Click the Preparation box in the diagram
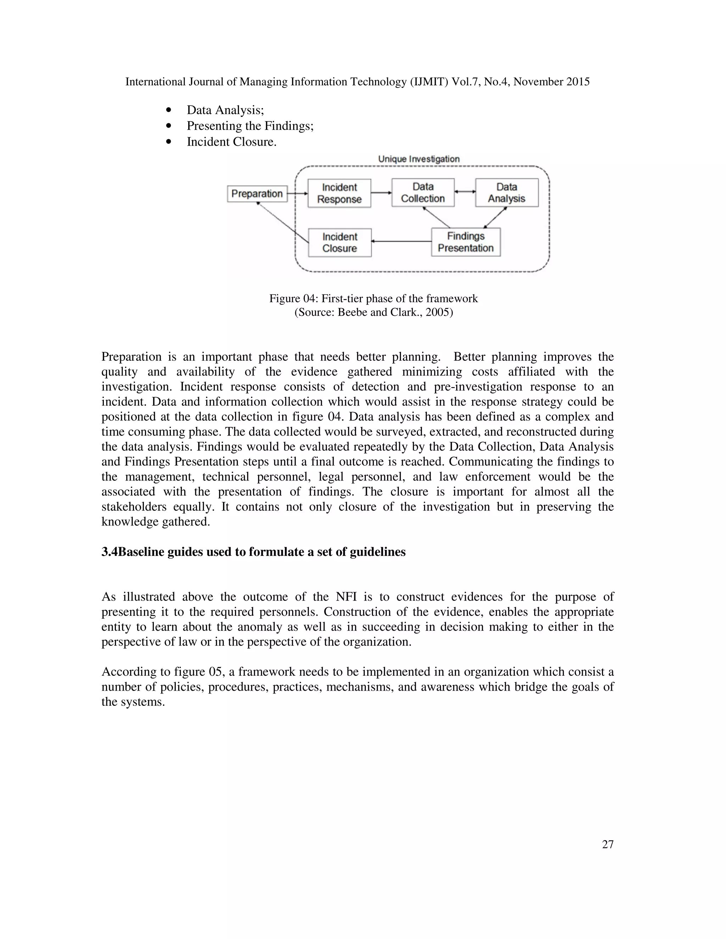tap(257, 193)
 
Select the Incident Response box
tap(339, 193)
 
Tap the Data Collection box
tap(423, 193)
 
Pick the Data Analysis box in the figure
tap(507, 193)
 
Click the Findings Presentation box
tap(466, 242)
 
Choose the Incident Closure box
tap(340, 242)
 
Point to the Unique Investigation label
tap(419, 159)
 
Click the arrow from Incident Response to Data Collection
tap(381, 193)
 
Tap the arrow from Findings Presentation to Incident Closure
tap(401, 242)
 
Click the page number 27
tap(608, 844)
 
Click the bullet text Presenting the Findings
tap(250, 126)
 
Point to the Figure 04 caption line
tap(373, 298)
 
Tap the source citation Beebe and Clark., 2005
tap(373, 312)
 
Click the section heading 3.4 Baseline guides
tap(253, 552)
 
